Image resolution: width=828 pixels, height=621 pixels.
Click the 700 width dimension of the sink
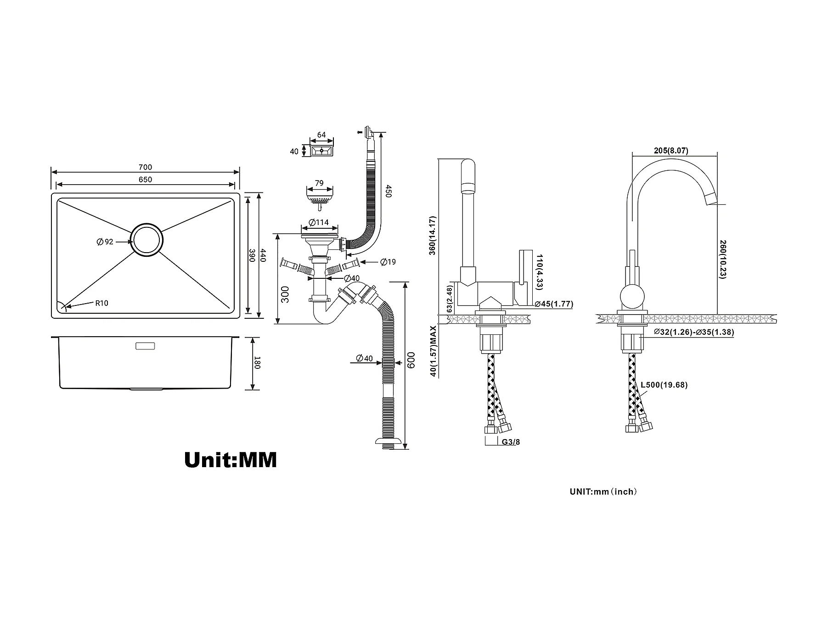(145, 167)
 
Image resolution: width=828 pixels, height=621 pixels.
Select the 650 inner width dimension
(145, 180)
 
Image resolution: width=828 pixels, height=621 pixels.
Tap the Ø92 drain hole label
(105, 242)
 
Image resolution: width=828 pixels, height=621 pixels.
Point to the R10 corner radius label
(101, 303)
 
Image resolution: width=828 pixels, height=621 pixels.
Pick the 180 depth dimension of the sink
(257, 362)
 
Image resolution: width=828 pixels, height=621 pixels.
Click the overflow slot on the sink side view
(145, 346)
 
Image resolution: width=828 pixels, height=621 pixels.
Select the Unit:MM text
(231, 459)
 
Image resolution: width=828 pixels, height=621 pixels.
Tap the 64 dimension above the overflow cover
(321, 135)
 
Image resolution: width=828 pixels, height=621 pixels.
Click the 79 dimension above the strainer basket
(319, 183)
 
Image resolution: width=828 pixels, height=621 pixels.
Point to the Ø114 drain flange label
(319, 223)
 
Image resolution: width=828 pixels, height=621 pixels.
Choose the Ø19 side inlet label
(388, 262)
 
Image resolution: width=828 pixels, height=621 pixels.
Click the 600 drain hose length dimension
(411, 360)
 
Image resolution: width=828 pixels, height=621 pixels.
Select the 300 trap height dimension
(285, 294)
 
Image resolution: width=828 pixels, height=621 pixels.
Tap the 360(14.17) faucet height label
(433, 235)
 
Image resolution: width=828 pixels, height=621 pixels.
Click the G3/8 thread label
(511, 442)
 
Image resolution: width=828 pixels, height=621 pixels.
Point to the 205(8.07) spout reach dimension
(671, 151)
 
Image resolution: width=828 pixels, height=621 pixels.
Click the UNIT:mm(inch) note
(603, 491)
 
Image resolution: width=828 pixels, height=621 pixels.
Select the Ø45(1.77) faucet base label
(553, 304)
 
